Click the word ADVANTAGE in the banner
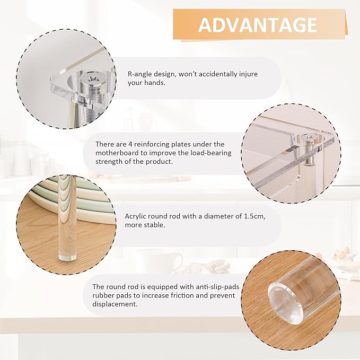[x=258, y=24]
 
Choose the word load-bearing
[x=209, y=153]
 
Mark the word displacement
[x=115, y=304]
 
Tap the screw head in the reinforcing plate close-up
[x=308, y=138]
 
